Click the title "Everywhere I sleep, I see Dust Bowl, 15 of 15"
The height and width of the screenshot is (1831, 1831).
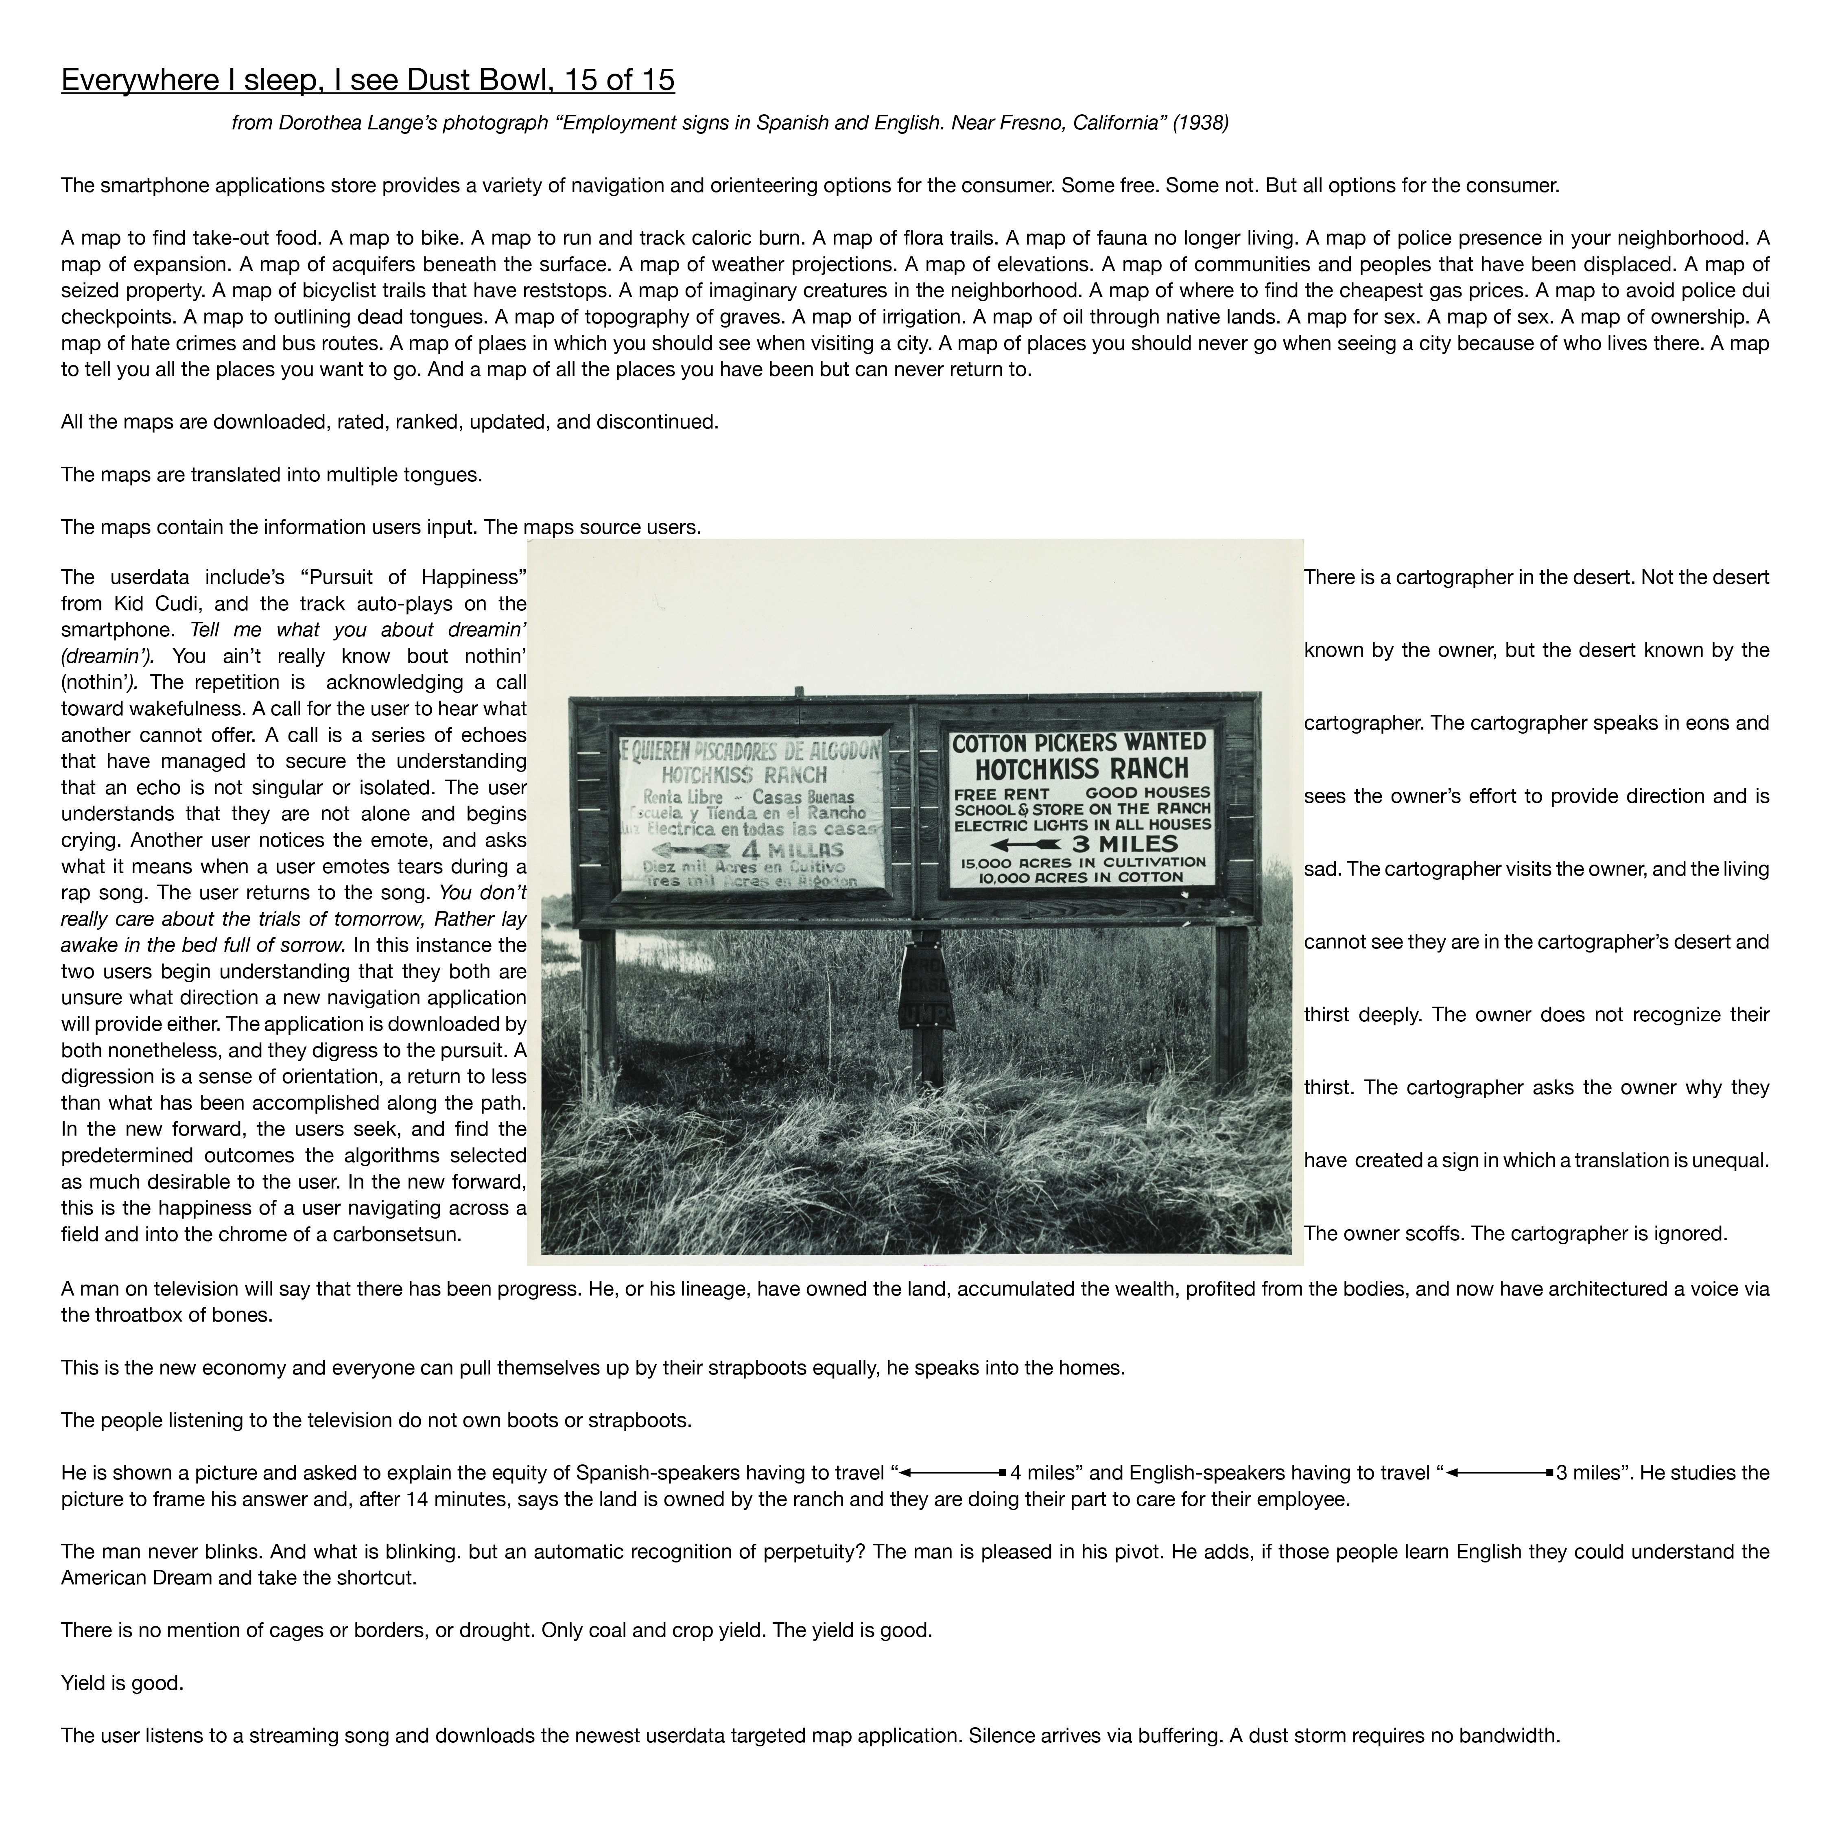pos(368,81)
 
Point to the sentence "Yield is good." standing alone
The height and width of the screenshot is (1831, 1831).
pos(122,1683)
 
